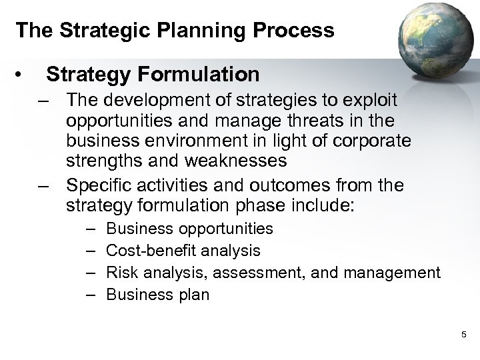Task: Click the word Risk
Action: [121, 273]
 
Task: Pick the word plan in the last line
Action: [194, 294]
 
